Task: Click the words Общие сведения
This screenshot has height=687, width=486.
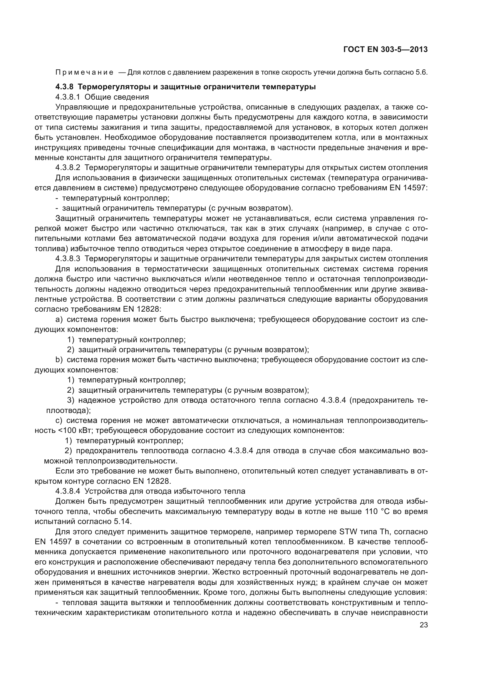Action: pyautogui.click(x=117, y=97)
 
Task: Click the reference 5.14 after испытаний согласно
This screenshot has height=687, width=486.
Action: pyautogui.click(x=123, y=521)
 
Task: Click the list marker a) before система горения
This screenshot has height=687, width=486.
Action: pyautogui.click(x=59, y=319)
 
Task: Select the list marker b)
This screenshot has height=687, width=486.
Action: pyautogui.click(x=59, y=360)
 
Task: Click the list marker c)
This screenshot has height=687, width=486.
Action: pyautogui.click(x=59, y=420)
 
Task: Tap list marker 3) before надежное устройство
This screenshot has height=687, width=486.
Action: pyautogui.click(x=71, y=400)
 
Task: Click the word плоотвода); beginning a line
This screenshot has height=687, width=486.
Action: pyautogui.click(x=68, y=410)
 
